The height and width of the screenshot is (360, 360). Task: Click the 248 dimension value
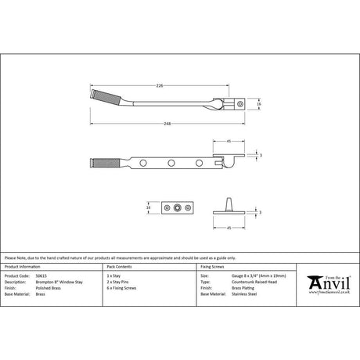tap(181, 123)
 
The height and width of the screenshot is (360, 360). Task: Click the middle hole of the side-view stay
tap(171, 163)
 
